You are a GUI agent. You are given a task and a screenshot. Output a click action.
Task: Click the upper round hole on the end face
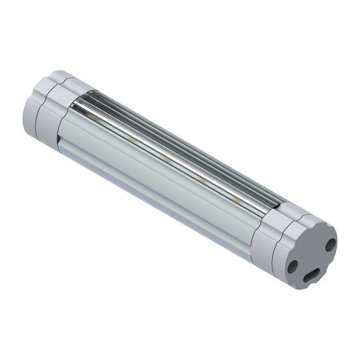tap(330, 244)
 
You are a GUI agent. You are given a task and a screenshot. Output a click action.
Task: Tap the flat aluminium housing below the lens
tap(161, 193)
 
